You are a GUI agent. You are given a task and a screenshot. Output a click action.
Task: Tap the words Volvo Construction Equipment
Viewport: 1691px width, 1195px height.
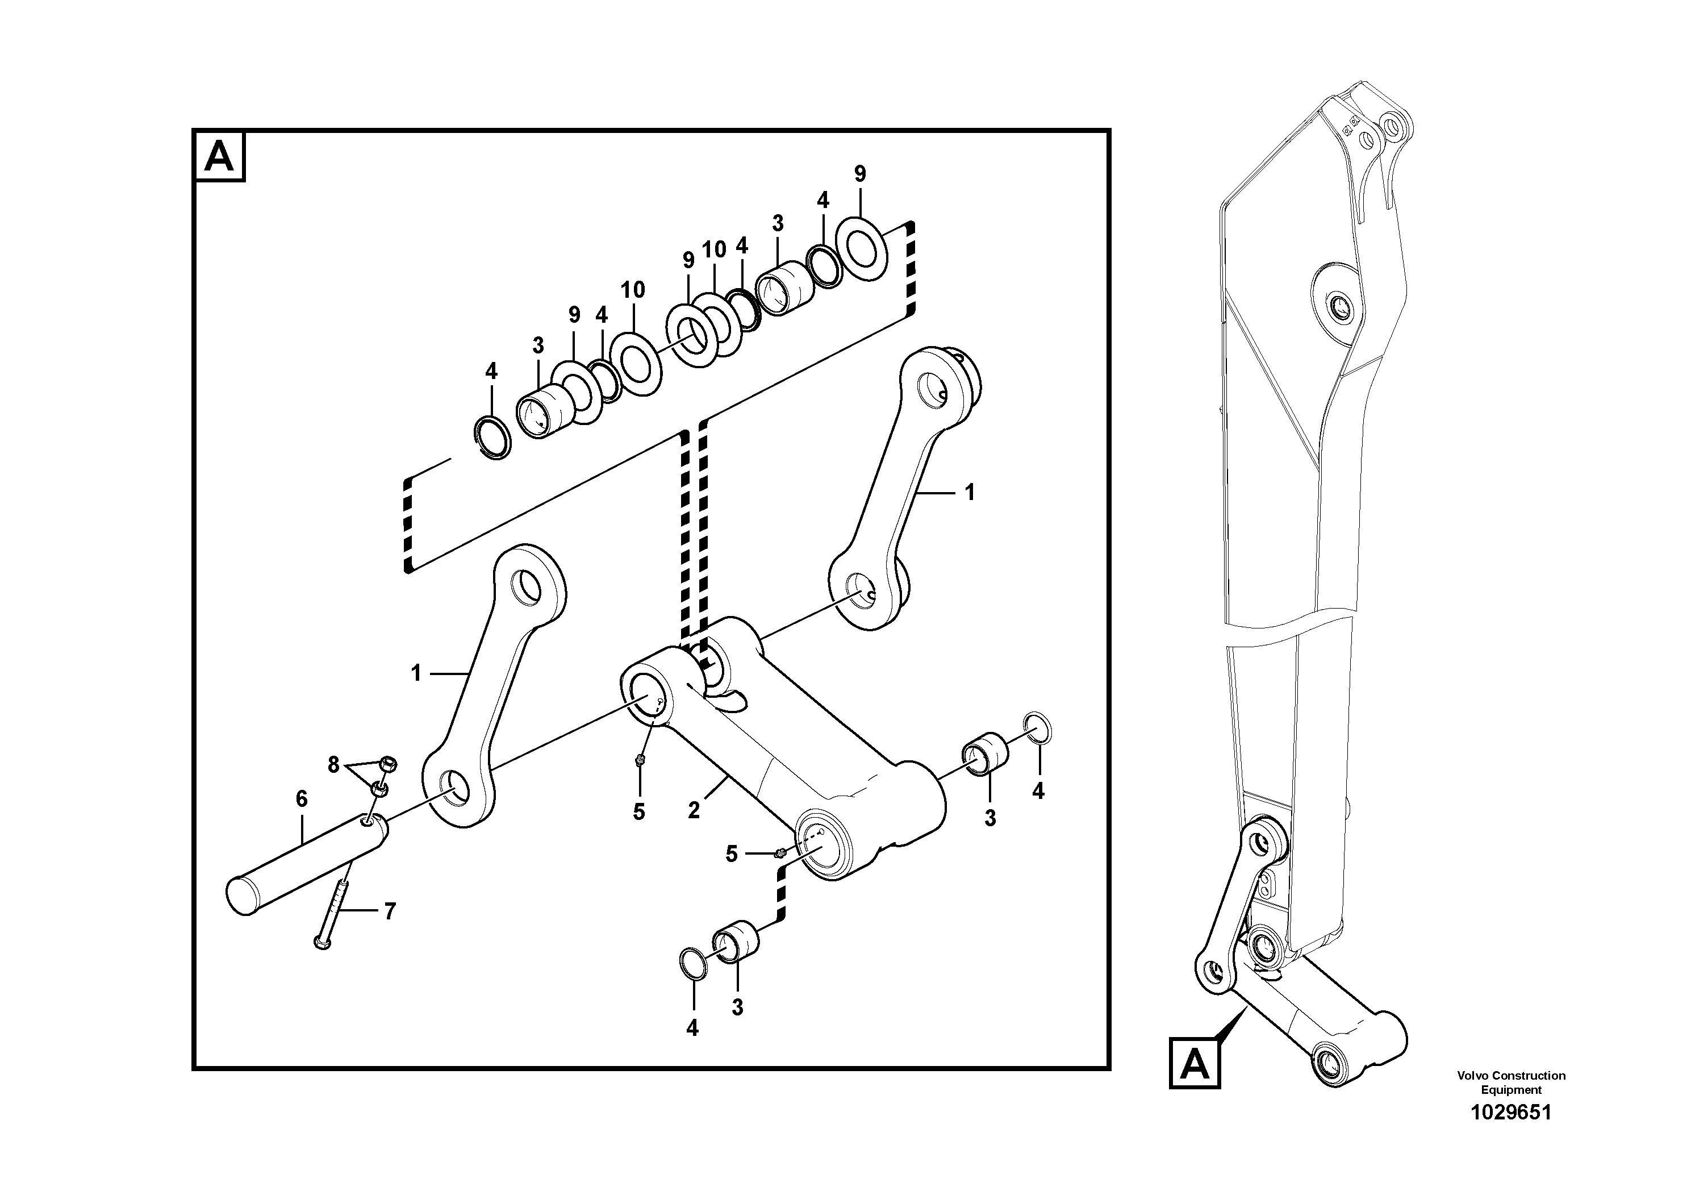point(1510,1082)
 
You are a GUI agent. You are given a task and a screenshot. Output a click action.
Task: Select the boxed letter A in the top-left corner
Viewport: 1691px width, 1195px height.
point(219,156)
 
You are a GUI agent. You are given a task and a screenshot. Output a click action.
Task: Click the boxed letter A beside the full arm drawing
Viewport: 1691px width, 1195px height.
point(1194,1064)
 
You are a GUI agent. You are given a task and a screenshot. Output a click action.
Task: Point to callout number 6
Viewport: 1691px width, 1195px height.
point(301,798)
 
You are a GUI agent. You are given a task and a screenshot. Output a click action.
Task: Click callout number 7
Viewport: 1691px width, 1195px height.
point(390,911)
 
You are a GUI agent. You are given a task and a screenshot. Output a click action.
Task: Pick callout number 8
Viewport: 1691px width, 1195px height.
point(333,765)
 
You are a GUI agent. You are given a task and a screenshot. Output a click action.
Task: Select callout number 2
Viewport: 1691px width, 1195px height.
point(693,810)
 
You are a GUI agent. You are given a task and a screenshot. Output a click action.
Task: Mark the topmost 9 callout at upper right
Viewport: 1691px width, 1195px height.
point(859,174)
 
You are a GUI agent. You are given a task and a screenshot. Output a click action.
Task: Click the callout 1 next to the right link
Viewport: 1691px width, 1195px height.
point(969,492)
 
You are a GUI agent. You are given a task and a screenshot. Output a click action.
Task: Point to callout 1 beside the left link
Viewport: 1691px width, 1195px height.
point(416,673)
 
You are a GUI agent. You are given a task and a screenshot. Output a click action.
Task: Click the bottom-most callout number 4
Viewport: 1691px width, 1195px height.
point(692,1029)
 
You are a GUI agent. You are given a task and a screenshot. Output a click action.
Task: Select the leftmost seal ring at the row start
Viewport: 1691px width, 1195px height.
point(491,438)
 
